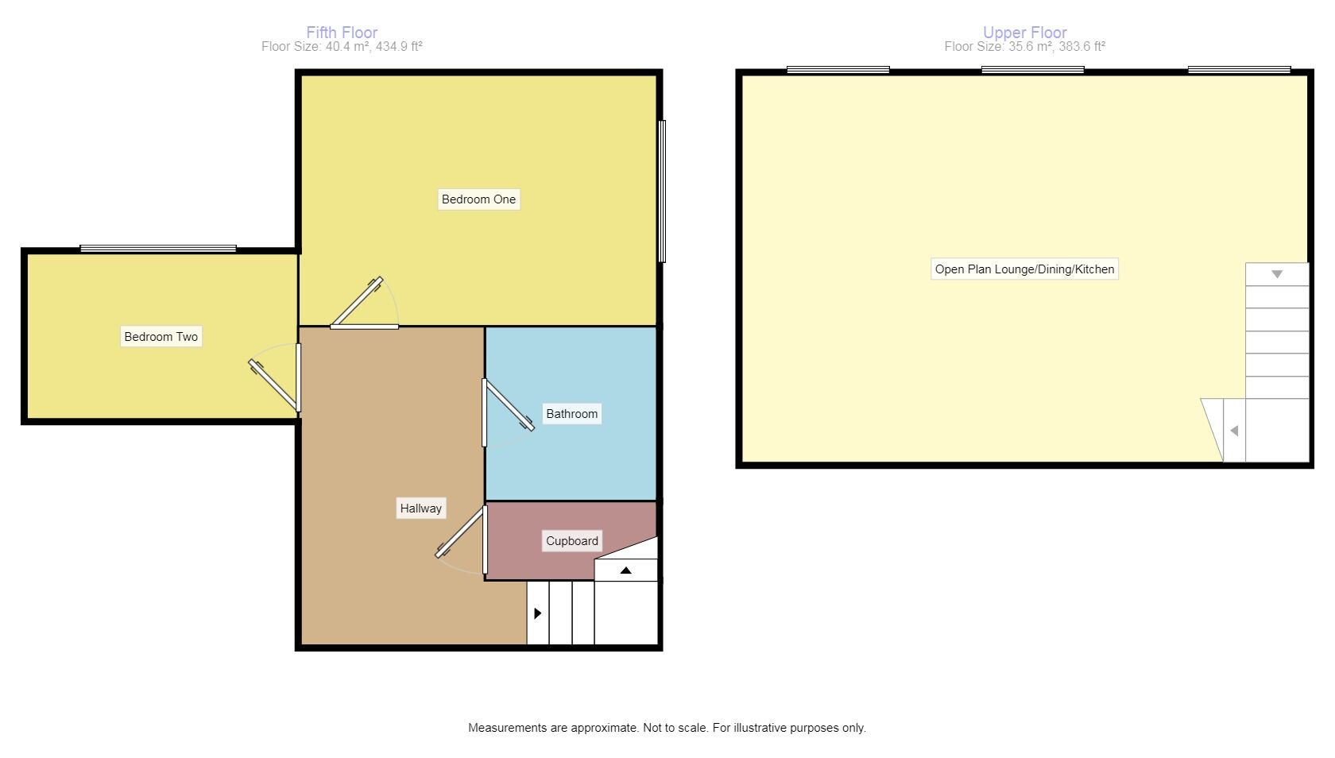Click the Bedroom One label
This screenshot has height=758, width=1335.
tap(478, 199)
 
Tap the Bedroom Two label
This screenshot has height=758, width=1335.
tap(161, 337)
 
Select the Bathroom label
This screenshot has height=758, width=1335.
tap(571, 414)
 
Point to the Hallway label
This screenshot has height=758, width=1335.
tap(420, 509)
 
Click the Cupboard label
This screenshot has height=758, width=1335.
tap(571, 541)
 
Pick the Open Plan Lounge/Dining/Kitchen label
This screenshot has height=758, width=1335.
tap(1024, 269)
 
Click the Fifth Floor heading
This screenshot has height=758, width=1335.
tap(342, 33)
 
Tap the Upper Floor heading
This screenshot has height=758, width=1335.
tap(1024, 33)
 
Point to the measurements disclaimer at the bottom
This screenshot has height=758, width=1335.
tap(667, 728)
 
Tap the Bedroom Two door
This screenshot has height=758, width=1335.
tap(275, 387)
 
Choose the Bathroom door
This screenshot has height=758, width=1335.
tap(508, 405)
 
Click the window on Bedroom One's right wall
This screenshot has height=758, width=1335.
tap(662, 191)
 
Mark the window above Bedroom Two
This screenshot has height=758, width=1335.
tap(158, 249)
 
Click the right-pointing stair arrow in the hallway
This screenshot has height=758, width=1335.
tap(538, 613)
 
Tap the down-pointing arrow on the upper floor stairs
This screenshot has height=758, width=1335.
tap(1277, 274)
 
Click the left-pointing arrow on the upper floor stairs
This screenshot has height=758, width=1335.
tap(1234, 431)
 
